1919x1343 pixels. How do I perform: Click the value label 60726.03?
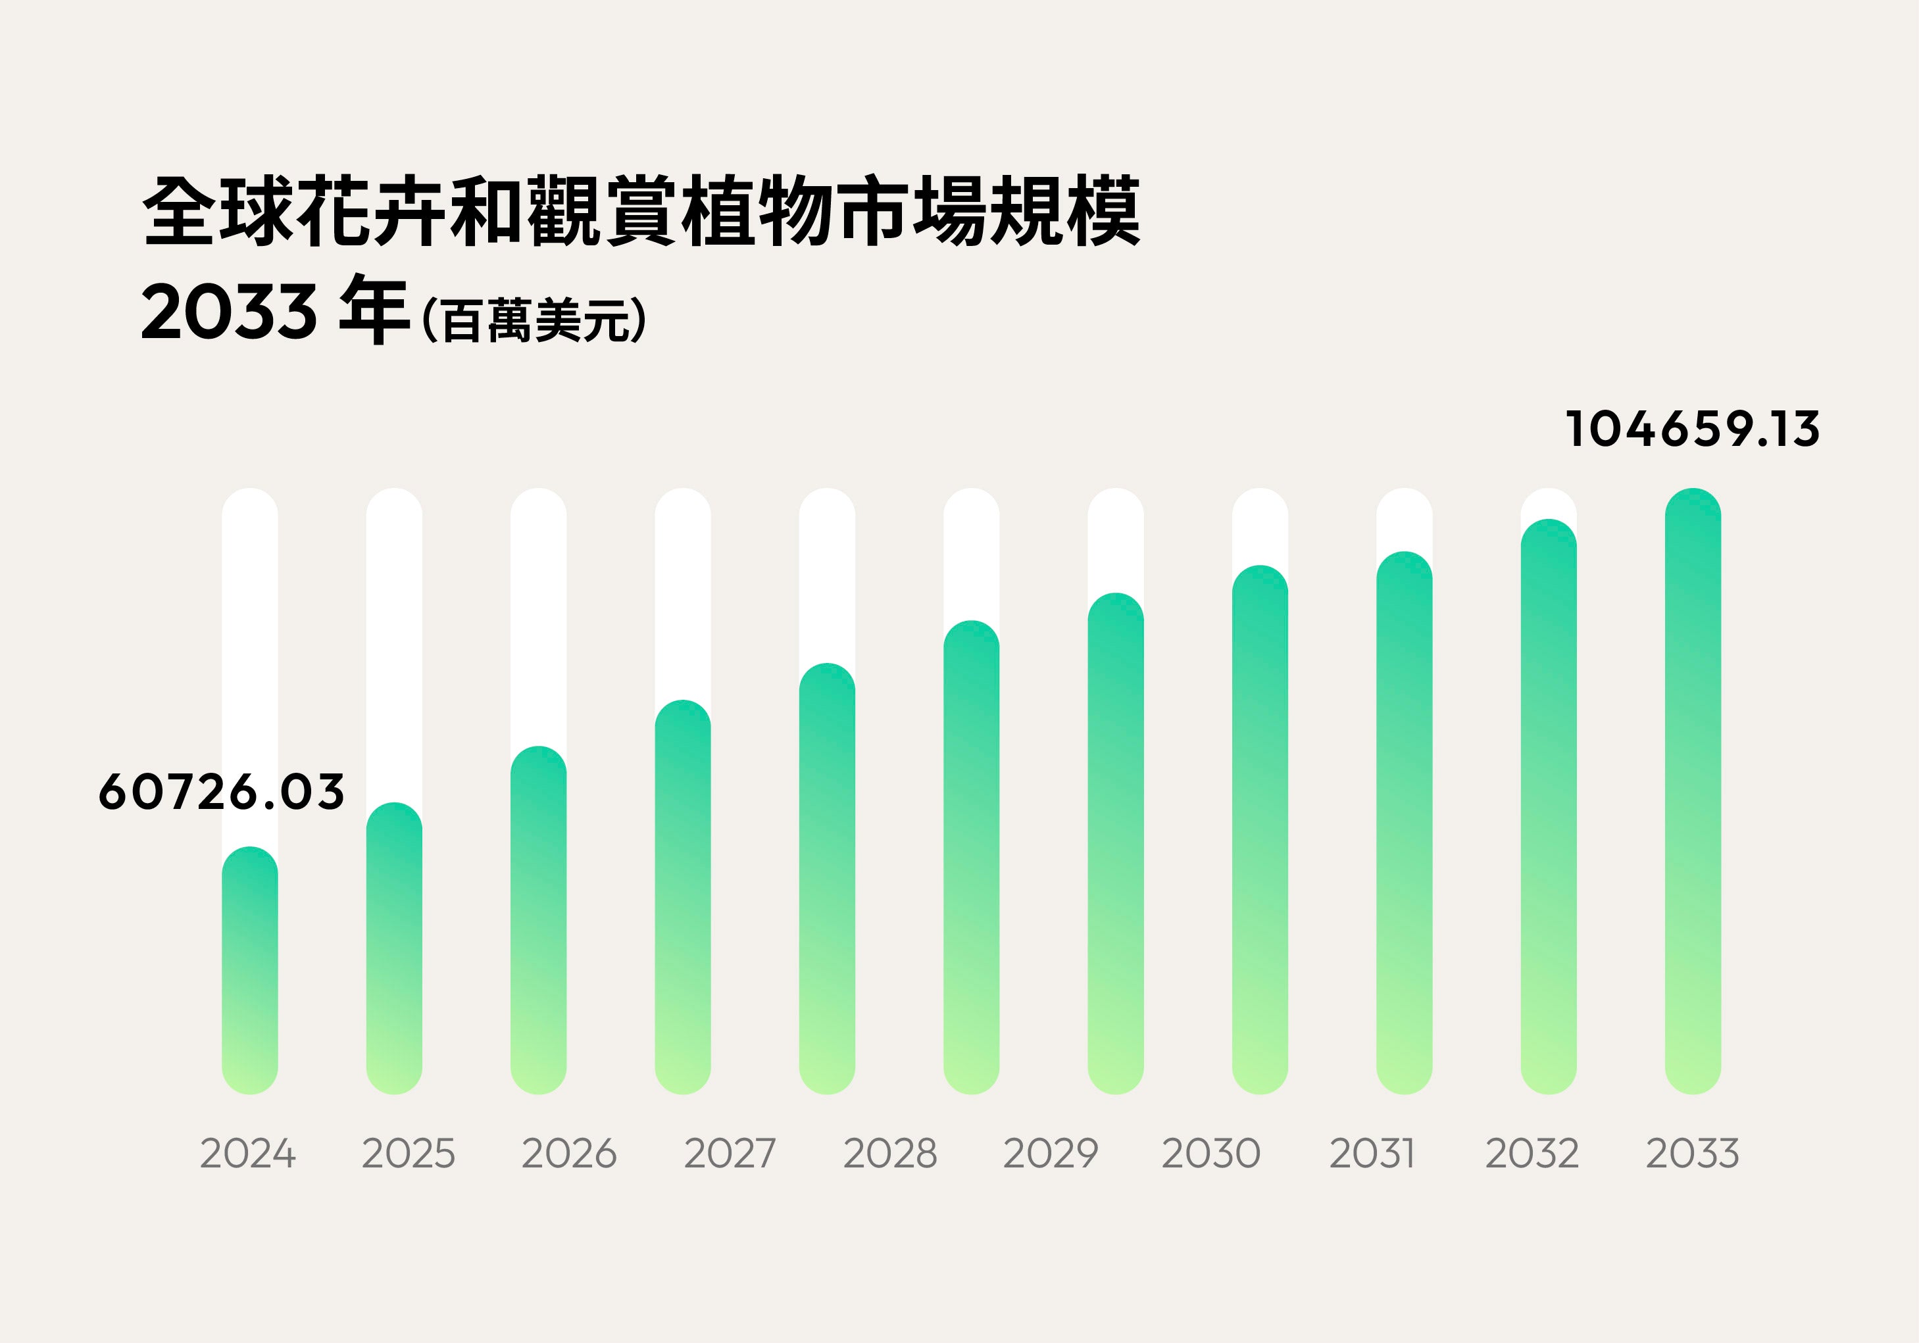[x=222, y=793]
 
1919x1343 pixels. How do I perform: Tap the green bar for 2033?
[x=1693, y=794]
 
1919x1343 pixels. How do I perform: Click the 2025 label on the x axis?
[x=409, y=1154]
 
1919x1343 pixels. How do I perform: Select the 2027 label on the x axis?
[x=730, y=1154]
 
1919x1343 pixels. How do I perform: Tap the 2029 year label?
[x=1050, y=1154]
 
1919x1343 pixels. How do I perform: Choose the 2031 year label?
[x=1372, y=1154]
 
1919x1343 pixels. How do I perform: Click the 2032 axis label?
[x=1532, y=1154]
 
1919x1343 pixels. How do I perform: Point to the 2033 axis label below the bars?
[x=1693, y=1154]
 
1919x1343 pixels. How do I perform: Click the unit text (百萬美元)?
[x=535, y=320]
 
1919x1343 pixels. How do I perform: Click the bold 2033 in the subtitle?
[x=229, y=312]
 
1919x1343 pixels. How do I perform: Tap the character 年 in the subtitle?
[x=374, y=309]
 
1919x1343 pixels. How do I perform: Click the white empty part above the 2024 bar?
[x=250, y=669]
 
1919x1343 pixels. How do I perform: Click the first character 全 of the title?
[x=178, y=211]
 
